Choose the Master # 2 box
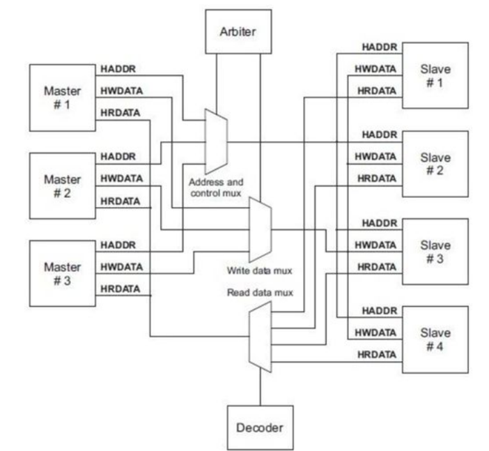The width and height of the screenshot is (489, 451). [x=63, y=185]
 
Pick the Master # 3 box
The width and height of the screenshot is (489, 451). [x=63, y=273]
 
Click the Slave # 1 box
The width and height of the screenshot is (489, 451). [x=436, y=75]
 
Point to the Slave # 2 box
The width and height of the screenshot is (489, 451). [x=436, y=164]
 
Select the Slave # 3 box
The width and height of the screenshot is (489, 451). [x=436, y=252]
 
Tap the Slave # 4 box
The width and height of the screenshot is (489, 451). [x=436, y=339]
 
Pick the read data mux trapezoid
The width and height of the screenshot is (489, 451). [x=260, y=339]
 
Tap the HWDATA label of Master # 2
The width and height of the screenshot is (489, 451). [x=121, y=178]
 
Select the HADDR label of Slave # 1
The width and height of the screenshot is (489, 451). [x=380, y=47]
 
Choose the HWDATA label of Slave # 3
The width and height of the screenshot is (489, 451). [x=377, y=245]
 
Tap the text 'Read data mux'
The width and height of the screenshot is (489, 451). [x=259, y=293]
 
